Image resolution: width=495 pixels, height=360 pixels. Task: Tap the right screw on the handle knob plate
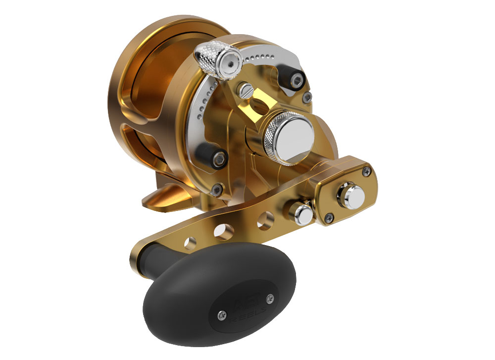pos(270,298)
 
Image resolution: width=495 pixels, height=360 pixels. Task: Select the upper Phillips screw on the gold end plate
pos(366,171)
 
